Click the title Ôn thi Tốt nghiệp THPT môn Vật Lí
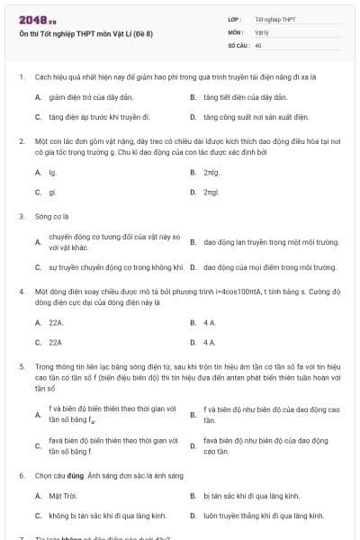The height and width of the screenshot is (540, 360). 85,33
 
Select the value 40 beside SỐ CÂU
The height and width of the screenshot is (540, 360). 258,44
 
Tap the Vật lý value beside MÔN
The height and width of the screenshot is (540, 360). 262,31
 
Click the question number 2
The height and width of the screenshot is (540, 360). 21,141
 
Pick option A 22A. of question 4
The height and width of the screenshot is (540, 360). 56,322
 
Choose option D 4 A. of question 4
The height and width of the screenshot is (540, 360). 209,342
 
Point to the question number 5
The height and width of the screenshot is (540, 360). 21,366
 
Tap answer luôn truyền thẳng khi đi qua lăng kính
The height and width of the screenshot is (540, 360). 264,516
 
